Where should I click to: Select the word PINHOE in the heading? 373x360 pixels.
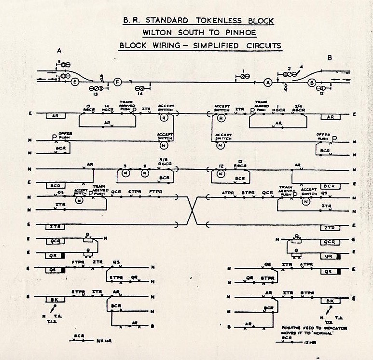[240, 33]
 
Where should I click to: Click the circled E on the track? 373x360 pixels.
[75, 82]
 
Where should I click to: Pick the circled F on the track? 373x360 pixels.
[117, 83]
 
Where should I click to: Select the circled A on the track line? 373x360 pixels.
[268, 83]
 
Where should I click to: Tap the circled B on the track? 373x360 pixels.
[312, 83]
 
